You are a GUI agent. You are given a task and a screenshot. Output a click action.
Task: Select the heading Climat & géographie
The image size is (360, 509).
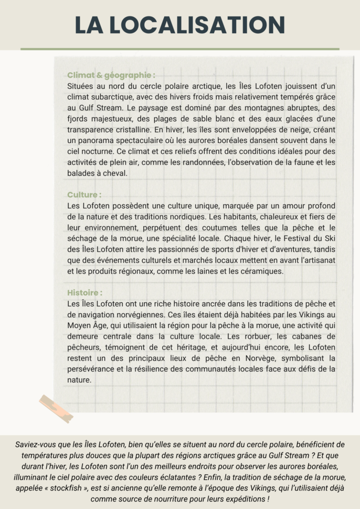pyautogui.click(x=111, y=76)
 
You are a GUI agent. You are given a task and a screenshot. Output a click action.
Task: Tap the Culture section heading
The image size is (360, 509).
pyautogui.click(x=85, y=194)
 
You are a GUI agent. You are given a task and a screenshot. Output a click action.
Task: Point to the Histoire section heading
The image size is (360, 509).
pyautogui.click(x=86, y=293)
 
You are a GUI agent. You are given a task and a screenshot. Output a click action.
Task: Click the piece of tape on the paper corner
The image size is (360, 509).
pyautogui.click(x=56, y=408)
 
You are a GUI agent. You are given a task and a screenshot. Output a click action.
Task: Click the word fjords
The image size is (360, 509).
pyautogui.click(x=79, y=118)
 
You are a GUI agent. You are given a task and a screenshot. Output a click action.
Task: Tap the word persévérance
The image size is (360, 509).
pyautogui.click(x=91, y=369)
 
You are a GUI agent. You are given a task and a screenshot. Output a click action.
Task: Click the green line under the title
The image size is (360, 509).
pyautogui.click(x=180, y=49)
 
